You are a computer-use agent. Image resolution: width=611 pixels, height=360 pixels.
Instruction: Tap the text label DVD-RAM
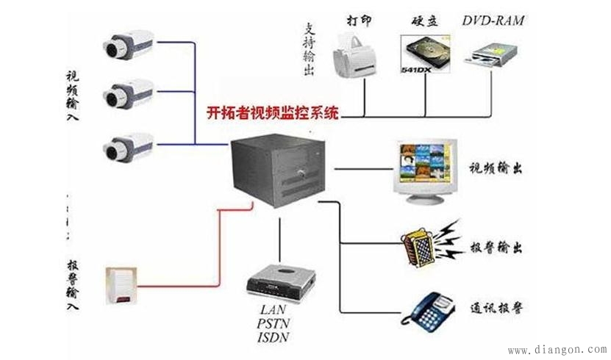coord(493,20)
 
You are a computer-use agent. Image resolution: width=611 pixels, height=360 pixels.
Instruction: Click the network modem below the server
coord(282,280)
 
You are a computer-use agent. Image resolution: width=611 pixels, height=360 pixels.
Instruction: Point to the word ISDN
coord(274,338)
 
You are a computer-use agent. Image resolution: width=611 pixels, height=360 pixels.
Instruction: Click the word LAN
coord(273,310)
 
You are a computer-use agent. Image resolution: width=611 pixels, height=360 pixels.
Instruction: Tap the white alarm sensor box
coord(124,286)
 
